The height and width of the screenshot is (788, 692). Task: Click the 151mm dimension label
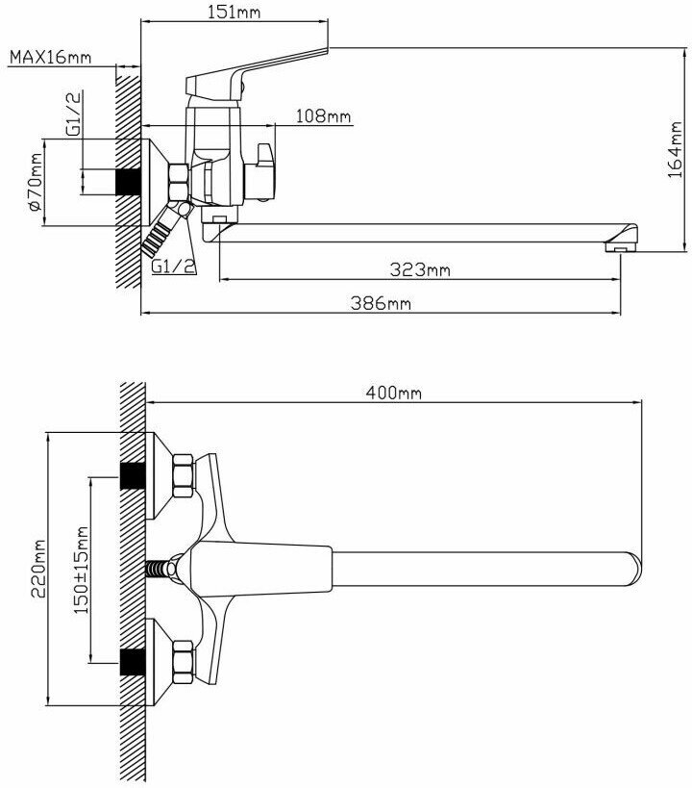[x=234, y=12]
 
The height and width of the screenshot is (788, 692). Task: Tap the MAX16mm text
[x=51, y=57]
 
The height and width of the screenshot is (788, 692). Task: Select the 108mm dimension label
[x=323, y=116]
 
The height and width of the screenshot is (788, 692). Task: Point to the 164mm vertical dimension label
[x=676, y=149]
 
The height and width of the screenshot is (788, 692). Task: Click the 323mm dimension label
[x=420, y=269]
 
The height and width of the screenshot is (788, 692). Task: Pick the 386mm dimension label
[x=381, y=303]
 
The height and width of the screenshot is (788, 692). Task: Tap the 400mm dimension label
[x=394, y=392]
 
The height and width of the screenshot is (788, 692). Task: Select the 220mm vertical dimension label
[x=38, y=569]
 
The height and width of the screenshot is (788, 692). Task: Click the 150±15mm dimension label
[x=81, y=570]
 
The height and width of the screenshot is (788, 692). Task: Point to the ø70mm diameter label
[x=35, y=182]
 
